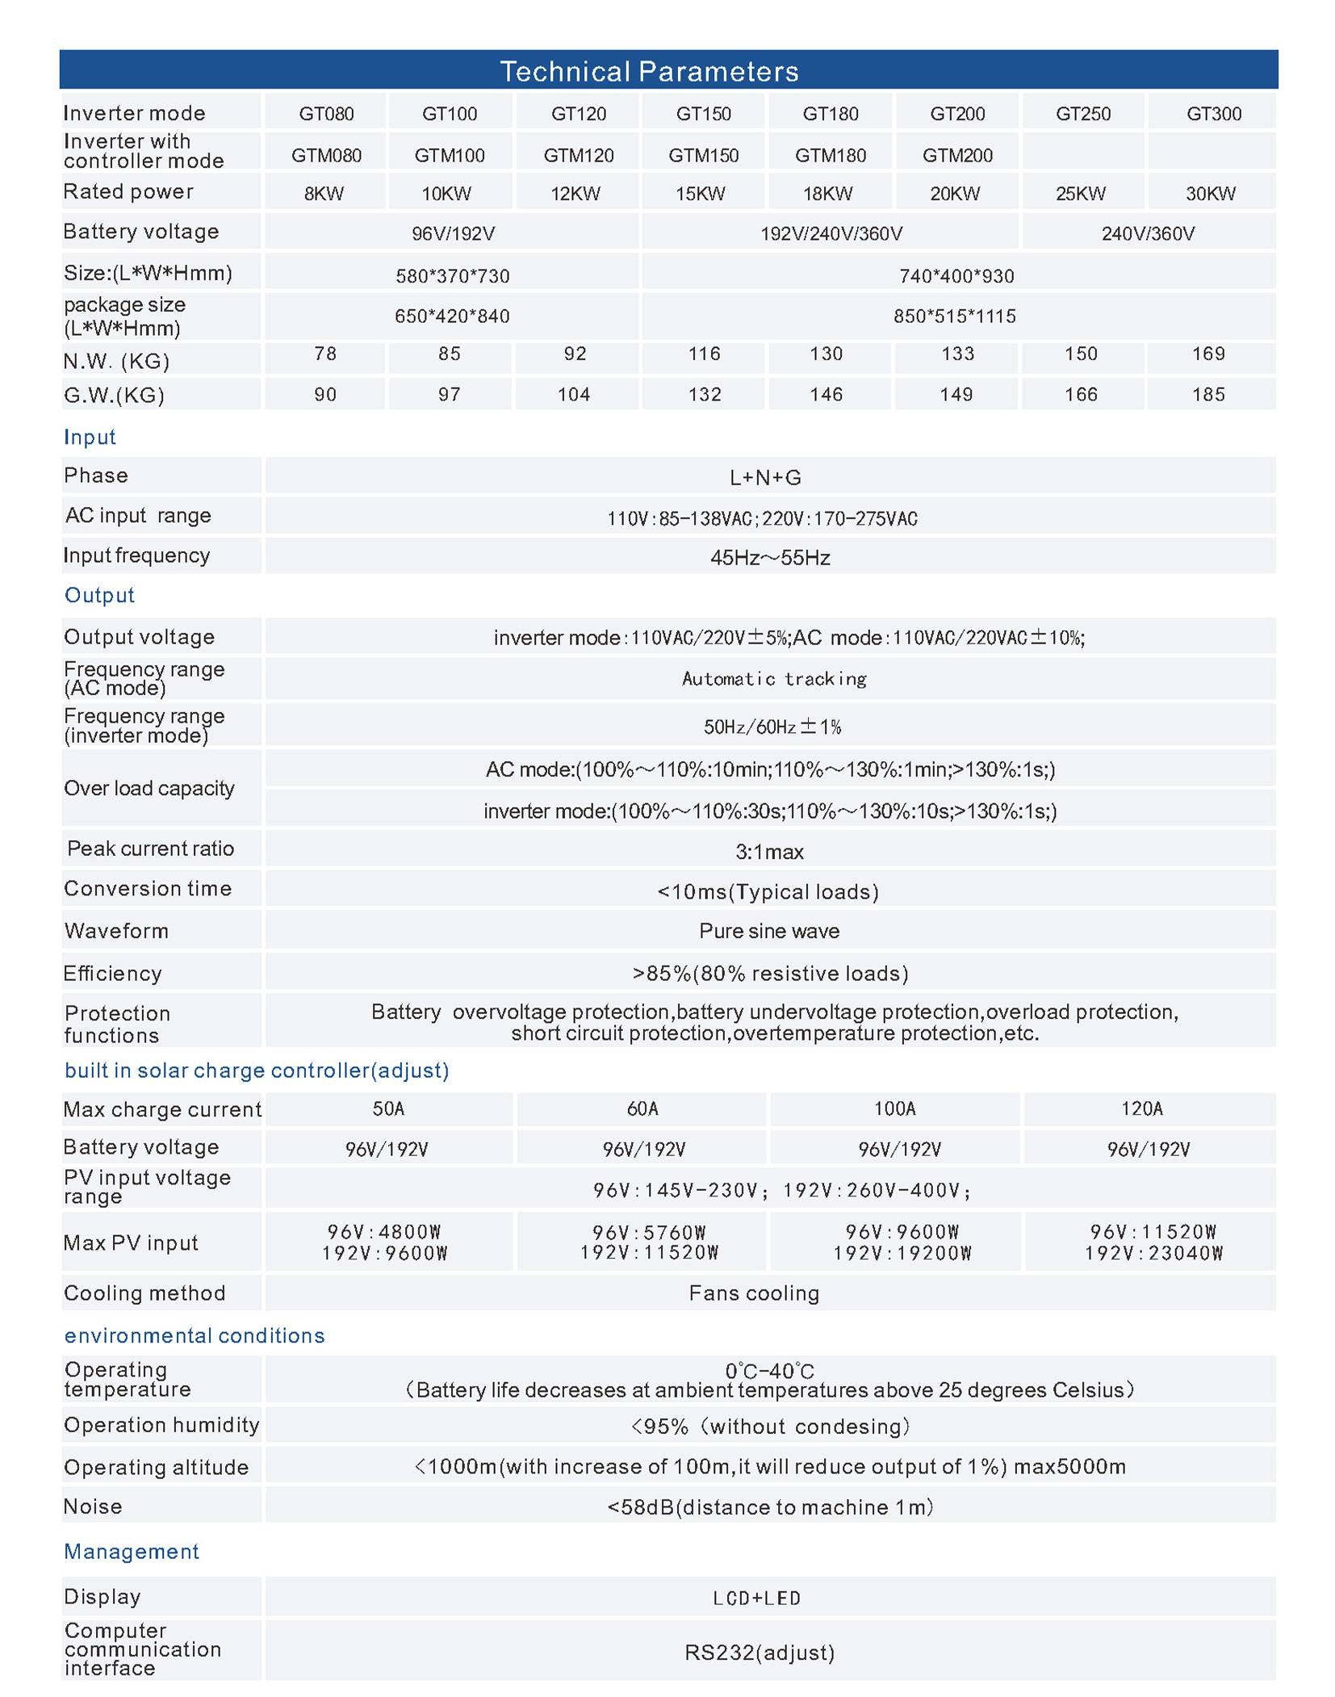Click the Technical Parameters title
tap(649, 71)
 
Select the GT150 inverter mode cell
tap(703, 114)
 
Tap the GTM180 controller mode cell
tap(830, 155)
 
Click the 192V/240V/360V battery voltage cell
tap(831, 234)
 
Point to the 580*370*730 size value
tap(452, 276)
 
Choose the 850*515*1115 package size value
tap(954, 316)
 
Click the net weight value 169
tap(1207, 354)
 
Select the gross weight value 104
tap(574, 395)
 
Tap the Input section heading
tap(90, 437)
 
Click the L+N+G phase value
tap(765, 478)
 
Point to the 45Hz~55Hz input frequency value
tap(770, 558)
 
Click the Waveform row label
tap(116, 931)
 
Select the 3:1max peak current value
tap(769, 852)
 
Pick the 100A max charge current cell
tap(894, 1108)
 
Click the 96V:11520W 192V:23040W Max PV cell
tap(1153, 1242)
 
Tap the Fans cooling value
tap(754, 1293)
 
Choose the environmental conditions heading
tap(195, 1335)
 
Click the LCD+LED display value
tap(756, 1598)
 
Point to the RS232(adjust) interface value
tap(760, 1653)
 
